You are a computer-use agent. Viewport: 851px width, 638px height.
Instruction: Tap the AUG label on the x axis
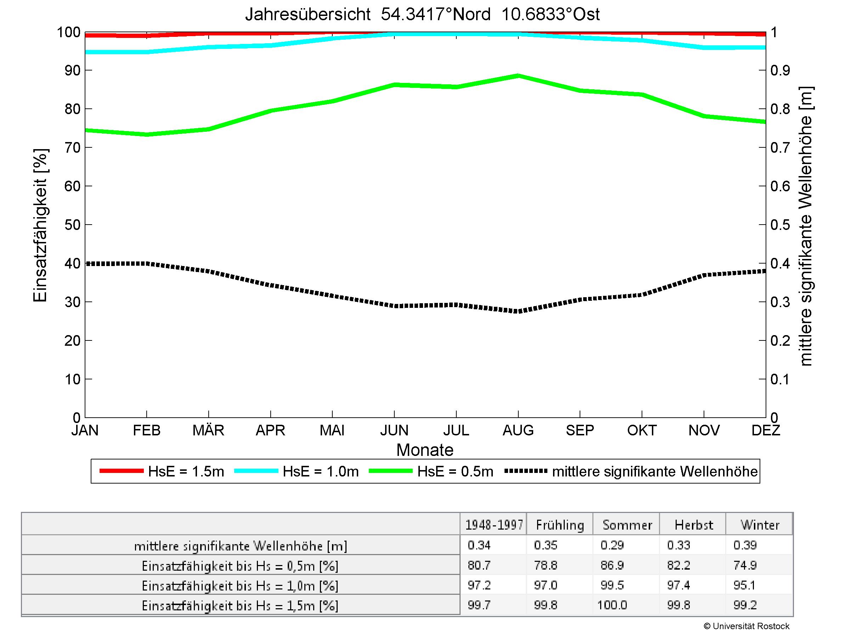[518, 430]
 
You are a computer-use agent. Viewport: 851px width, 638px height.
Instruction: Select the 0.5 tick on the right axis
[780, 225]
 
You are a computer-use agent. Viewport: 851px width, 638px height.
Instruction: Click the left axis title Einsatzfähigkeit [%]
[40, 225]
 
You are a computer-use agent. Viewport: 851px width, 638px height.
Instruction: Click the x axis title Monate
[425, 450]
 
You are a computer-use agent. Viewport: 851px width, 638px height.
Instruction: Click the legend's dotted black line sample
[525, 471]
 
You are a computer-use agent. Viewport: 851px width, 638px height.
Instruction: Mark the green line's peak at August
[518, 76]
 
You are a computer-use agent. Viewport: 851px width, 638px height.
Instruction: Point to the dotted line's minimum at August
[518, 311]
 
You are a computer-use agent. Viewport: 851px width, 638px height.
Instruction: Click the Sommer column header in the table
[627, 525]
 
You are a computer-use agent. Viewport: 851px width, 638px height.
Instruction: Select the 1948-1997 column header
[494, 525]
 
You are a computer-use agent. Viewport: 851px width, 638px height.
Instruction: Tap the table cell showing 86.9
[612, 565]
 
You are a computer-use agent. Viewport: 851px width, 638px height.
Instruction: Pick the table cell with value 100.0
[612, 605]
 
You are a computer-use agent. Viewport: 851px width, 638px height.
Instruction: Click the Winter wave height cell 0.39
[745, 545]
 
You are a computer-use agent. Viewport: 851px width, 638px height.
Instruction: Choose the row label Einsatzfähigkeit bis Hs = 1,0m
[240, 586]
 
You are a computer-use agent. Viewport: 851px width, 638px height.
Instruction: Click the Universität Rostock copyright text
[746, 626]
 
